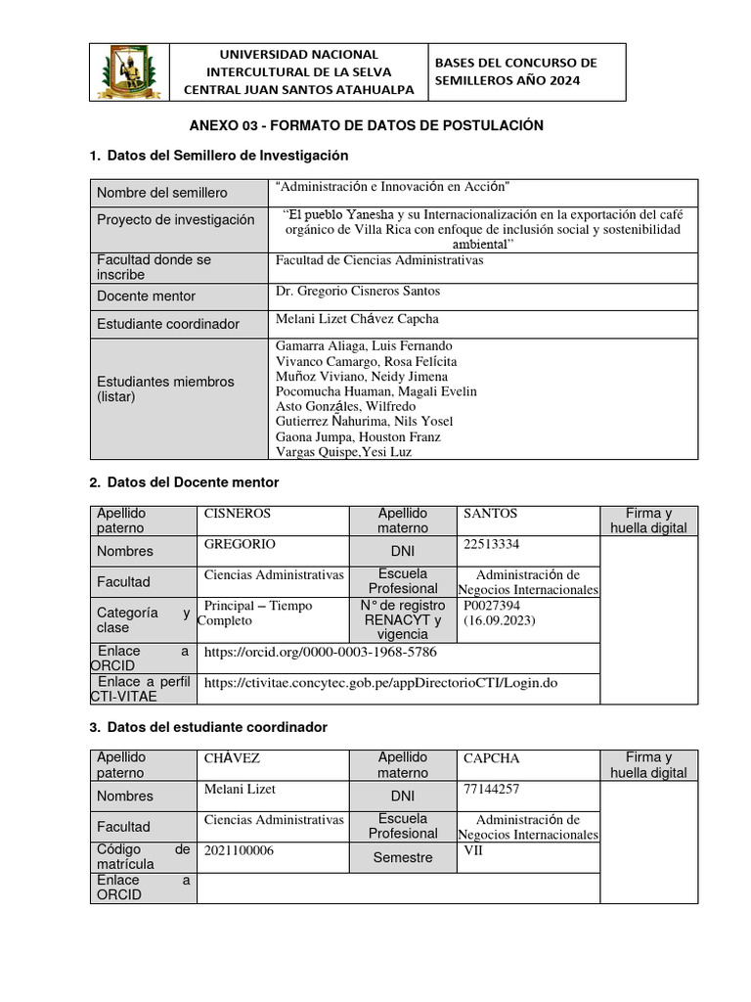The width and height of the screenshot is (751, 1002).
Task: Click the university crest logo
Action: click(129, 72)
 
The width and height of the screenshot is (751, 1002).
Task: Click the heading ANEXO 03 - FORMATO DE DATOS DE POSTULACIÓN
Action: click(366, 125)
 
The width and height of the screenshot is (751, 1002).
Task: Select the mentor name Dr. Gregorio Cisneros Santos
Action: click(358, 291)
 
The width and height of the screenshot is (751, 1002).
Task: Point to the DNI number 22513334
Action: click(492, 544)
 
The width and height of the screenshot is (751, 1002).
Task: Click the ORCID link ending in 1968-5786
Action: click(320, 651)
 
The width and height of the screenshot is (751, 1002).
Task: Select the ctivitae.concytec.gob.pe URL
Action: click(380, 682)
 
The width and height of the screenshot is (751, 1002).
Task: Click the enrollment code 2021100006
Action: click(239, 850)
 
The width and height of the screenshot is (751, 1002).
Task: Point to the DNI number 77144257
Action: click(492, 789)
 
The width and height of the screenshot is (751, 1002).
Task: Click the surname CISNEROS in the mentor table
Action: click(237, 514)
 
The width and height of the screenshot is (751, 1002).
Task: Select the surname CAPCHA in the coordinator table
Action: click(492, 758)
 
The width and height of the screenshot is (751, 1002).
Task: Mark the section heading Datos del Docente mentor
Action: click(193, 482)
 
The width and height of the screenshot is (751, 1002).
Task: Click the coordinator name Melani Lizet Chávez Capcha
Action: click(357, 319)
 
